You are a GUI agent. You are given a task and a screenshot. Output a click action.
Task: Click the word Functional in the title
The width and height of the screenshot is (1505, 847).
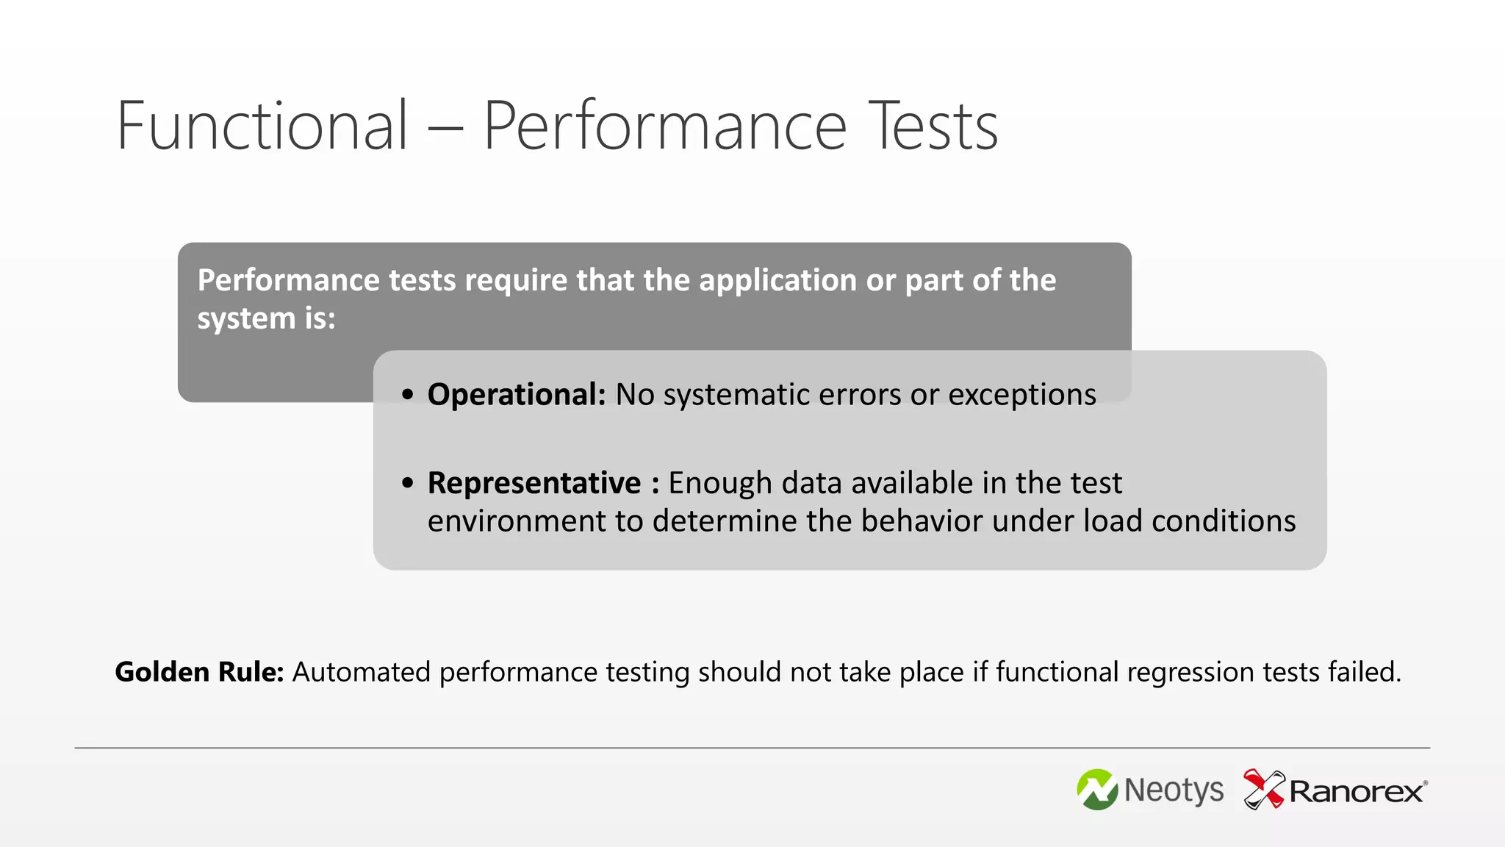(x=262, y=126)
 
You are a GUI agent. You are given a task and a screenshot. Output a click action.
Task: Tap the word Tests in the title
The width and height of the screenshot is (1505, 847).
(x=933, y=126)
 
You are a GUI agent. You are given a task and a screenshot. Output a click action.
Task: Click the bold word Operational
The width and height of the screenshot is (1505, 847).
(x=516, y=395)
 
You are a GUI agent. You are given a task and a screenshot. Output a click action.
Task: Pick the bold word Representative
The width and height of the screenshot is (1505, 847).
(x=534, y=483)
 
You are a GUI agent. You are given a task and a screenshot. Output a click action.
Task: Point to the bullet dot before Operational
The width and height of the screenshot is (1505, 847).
(x=408, y=395)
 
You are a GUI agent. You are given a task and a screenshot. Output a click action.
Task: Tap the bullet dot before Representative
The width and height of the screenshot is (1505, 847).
(x=408, y=483)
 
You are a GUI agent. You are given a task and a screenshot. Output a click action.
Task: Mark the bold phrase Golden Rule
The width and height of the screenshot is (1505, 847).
(x=199, y=672)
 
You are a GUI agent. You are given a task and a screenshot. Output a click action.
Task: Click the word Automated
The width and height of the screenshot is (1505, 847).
(x=362, y=672)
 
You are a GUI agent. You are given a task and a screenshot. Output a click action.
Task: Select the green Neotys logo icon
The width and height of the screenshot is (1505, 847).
(x=1097, y=790)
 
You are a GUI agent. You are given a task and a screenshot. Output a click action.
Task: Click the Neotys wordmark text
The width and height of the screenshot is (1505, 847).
(x=1174, y=790)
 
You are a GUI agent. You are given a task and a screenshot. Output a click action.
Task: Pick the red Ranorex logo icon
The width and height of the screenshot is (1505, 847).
(x=1263, y=789)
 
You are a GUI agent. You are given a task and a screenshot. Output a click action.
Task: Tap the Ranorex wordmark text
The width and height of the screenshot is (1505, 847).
(x=1357, y=792)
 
